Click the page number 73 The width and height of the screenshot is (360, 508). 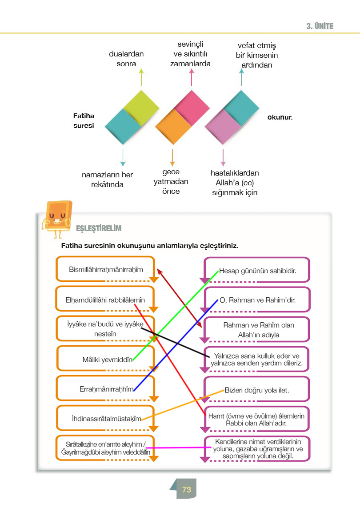(x=187, y=489)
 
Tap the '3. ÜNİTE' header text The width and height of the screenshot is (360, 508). (x=320, y=26)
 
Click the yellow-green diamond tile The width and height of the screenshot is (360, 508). (x=141, y=108)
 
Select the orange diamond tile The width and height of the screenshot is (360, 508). (x=173, y=127)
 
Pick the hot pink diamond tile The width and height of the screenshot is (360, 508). (x=192, y=108)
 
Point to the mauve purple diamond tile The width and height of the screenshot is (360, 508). (x=223, y=127)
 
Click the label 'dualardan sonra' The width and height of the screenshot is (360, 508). (x=126, y=59)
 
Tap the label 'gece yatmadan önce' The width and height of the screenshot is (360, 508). (x=171, y=181)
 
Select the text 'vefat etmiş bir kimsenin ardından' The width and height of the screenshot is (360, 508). (x=256, y=55)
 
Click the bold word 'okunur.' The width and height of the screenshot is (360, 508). (x=280, y=117)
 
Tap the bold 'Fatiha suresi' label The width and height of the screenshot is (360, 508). (x=84, y=120)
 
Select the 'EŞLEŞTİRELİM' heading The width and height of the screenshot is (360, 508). (x=99, y=228)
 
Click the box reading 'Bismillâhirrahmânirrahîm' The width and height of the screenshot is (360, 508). (x=106, y=269)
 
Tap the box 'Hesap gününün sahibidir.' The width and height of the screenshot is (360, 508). (x=257, y=271)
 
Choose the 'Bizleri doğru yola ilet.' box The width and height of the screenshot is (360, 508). (x=256, y=390)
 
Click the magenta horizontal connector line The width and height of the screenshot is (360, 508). (x=179, y=448)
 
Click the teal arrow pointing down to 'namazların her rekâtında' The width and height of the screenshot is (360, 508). (x=123, y=158)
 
